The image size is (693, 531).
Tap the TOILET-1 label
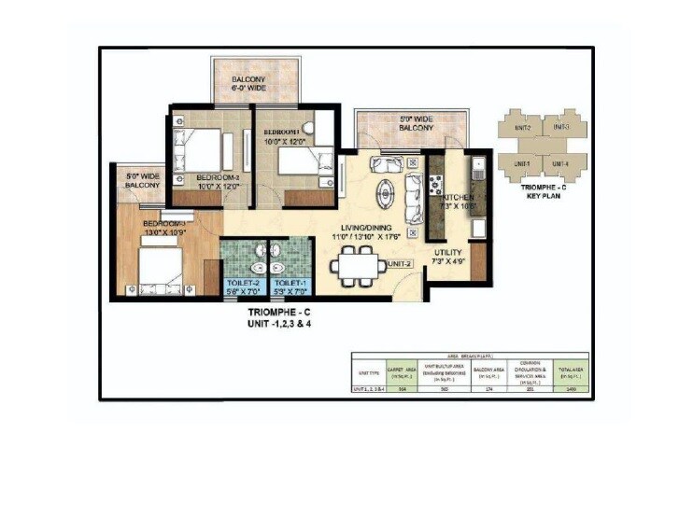[x=290, y=282]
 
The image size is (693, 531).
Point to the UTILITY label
[x=450, y=253]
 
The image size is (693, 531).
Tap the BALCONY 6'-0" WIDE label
[x=249, y=86]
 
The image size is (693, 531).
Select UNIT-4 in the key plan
[x=560, y=164]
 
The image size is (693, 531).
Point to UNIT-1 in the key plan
[x=520, y=164]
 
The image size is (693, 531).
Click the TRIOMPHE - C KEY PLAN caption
[x=542, y=192]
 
